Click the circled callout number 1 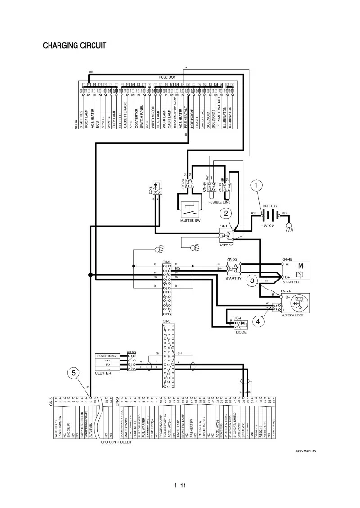pos(256,186)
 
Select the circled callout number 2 pos(227,213)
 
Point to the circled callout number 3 pos(254,281)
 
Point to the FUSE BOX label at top pos(166,77)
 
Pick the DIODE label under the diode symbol pos(240,333)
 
